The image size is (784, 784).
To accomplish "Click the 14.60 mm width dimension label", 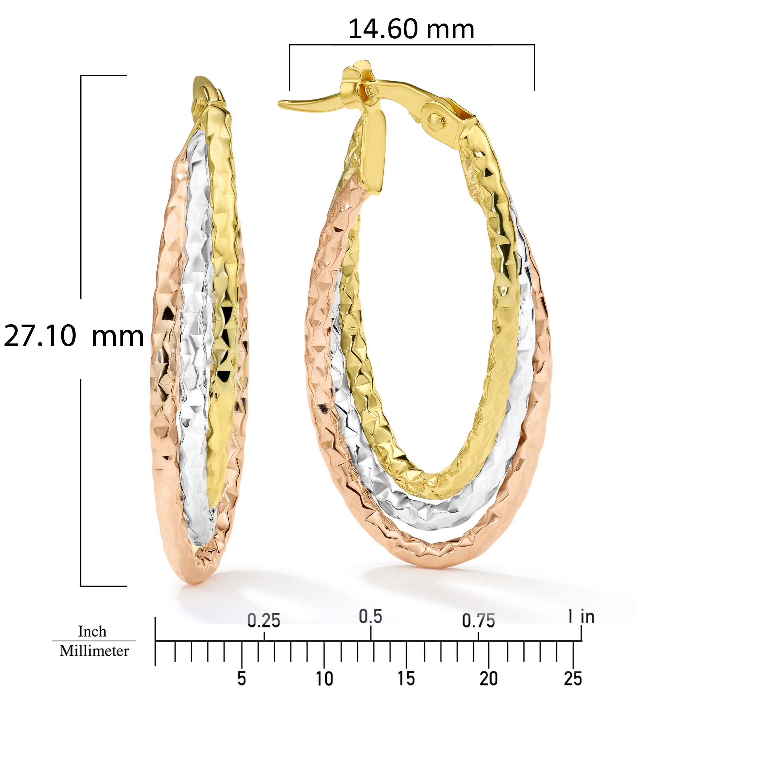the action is [x=411, y=29].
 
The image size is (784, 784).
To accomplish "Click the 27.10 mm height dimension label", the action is [x=74, y=336].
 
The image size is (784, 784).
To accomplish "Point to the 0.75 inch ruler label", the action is [x=479, y=621].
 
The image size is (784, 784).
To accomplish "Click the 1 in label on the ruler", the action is [x=581, y=617].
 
